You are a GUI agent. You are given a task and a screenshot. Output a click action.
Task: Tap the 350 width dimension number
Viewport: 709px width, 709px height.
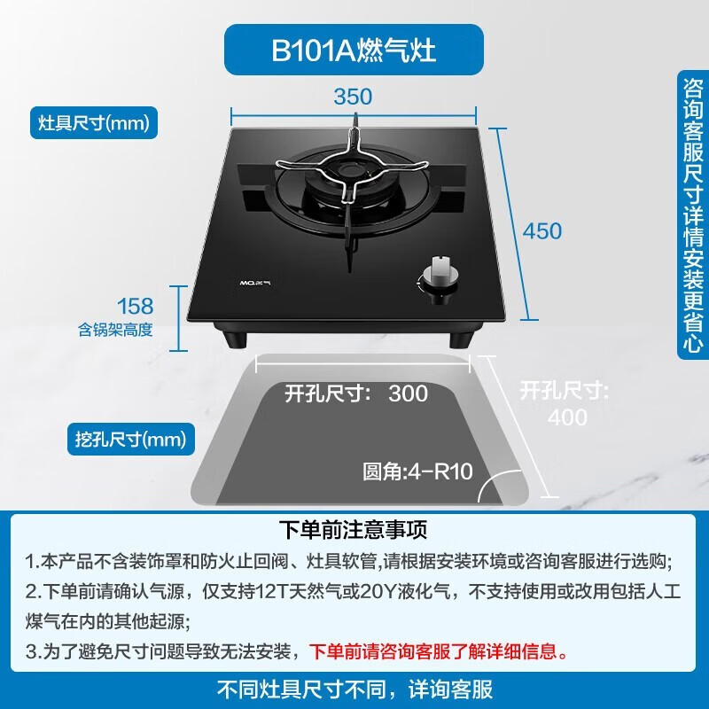(x=353, y=97)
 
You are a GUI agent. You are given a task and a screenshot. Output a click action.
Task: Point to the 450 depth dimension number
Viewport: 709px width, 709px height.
(x=542, y=231)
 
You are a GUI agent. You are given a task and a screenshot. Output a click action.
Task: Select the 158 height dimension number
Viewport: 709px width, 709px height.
(x=135, y=307)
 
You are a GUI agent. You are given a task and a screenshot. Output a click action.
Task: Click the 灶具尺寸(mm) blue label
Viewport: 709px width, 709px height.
(x=93, y=122)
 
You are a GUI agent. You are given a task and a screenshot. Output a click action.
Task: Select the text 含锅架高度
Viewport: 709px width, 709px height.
(x=115, y=331)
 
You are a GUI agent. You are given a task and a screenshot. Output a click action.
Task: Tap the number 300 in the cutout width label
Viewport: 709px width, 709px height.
(x=408, y=393)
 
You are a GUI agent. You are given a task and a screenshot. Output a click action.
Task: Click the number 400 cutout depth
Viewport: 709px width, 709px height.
(x=568, y=417)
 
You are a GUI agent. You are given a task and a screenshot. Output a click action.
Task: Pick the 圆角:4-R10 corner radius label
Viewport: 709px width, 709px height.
(x=417, y=471)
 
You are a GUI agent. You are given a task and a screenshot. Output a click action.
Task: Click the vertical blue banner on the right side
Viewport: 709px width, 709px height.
(x=692, y=213)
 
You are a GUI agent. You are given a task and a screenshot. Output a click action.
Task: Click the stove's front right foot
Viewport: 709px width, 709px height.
(x=464, y=339)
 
